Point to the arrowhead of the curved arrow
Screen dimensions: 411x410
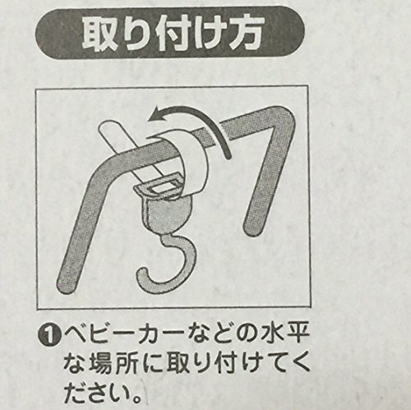(x=155, y=113)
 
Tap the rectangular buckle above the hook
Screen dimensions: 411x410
(x=159, y=187)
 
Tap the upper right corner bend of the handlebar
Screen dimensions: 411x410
(x=285, y=117)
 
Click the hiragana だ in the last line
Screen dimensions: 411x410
(x=76, y=394)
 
